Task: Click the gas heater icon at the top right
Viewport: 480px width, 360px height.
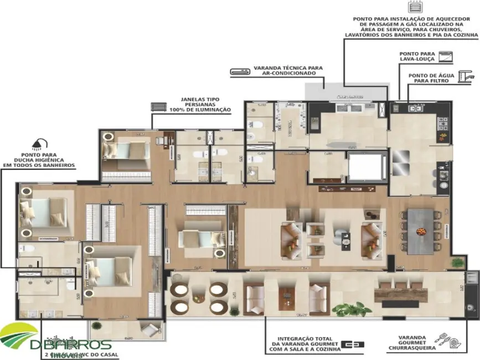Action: (x=414, y=7)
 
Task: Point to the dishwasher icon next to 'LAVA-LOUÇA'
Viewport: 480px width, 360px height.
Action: (x=445, y=56)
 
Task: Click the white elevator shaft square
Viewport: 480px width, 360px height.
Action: (x=365, y=166)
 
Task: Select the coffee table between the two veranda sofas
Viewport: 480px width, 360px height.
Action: (x=286, y=300)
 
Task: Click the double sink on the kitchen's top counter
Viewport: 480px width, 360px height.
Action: (x=415, y=109)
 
